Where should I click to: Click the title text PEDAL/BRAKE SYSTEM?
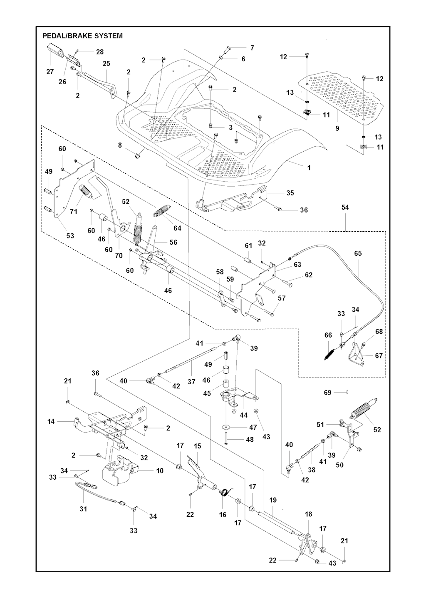[82, 36]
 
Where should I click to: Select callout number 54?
[345, 207]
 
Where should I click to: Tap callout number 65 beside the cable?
[358, 253]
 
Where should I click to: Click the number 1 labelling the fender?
[309, 168]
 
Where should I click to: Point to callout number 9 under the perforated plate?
[337, 128]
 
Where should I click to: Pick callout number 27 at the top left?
[50, 72]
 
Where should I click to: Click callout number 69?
[328, 393]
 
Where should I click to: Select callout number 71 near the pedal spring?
[74, 212]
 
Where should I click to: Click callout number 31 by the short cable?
[83, 509]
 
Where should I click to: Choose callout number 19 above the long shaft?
[273, 500]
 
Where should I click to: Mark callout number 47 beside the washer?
[253, 427]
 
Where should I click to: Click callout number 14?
[51, 422]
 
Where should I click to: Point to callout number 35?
[290, 193]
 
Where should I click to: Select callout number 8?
[120, 145]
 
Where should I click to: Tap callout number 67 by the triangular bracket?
[379, 355]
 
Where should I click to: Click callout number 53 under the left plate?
[70, 236]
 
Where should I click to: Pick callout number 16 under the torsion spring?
[223, 515]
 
